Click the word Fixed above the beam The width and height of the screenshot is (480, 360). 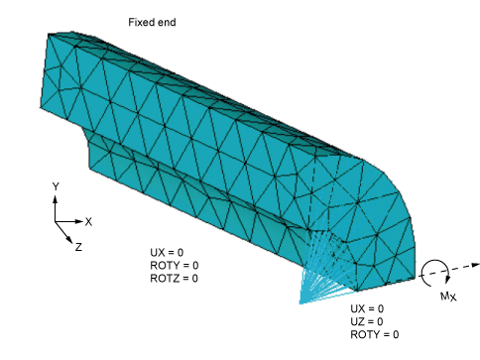[142, 21]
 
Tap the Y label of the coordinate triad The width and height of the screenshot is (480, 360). [56, 185]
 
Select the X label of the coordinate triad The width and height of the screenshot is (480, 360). [88, 221]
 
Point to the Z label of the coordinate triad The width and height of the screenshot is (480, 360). [77, 247]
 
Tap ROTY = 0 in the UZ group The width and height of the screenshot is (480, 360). [375, 335]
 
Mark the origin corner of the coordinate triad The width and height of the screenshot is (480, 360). [56, 221]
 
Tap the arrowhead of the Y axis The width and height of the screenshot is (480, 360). [56, 197]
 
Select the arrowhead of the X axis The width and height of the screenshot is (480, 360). [79, 221]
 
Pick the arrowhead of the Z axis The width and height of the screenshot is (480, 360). [71, 239]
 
